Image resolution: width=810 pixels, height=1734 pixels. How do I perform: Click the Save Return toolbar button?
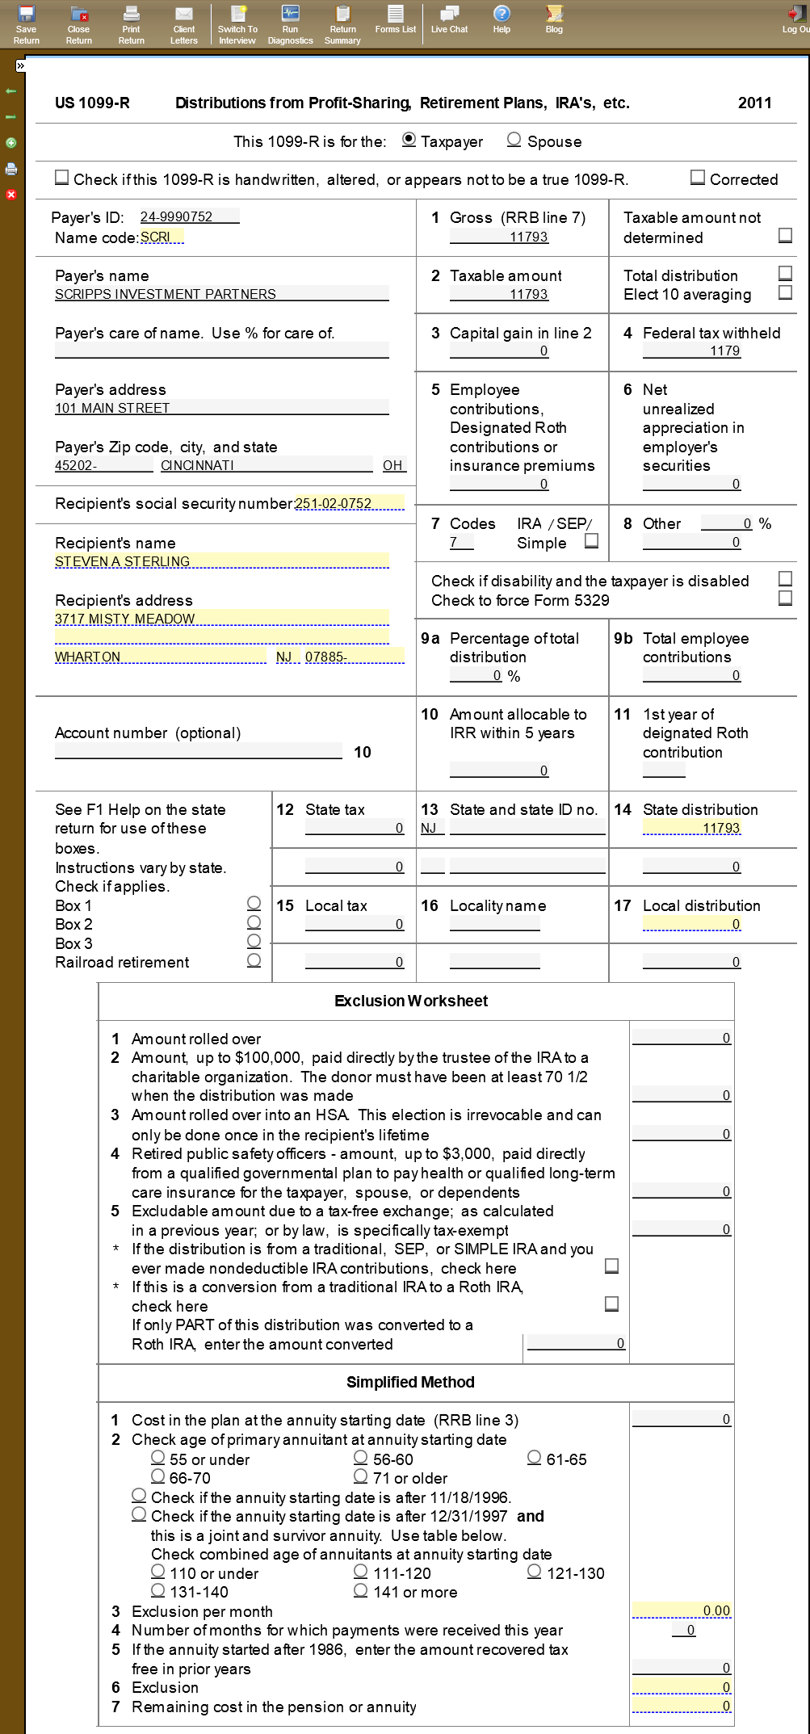[26, 24]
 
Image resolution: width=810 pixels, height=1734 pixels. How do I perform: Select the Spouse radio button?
[514, 140]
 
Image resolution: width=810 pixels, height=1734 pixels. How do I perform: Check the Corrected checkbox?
[698, 178]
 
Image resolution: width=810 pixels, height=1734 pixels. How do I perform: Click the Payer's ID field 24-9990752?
[188, 216]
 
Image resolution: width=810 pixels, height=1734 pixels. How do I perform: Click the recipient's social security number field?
[349, 503]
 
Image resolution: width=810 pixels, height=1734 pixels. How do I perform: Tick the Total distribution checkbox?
[785, 273]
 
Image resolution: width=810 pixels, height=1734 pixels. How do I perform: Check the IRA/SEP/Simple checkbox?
[591, 541]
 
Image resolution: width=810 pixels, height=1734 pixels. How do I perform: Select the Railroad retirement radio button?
[254, 960]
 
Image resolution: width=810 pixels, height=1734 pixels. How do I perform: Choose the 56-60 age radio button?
[361, 1458]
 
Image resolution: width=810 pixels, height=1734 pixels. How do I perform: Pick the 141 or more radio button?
[361, 1590]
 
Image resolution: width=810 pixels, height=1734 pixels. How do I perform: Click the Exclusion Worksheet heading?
[411, 1001]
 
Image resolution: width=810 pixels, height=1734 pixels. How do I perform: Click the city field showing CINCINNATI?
[266, 465]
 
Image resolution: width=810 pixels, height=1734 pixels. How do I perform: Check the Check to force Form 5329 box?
[785, 598]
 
